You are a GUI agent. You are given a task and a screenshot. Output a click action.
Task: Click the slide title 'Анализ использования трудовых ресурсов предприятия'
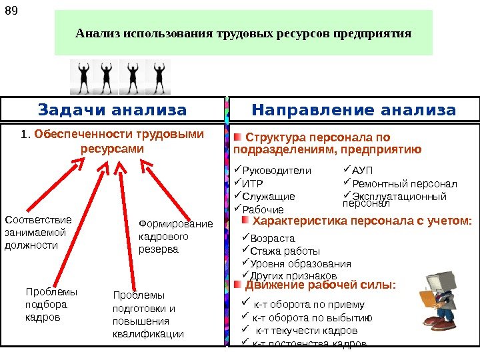pyautogui.click(x=243, y=33)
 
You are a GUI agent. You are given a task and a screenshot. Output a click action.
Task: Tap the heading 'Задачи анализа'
pyautogui.click(x=113, y=109)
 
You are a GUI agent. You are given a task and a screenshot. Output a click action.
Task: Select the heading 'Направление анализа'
pyautogui.click(x=354, y=109)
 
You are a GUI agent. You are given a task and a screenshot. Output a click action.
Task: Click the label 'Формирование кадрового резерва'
pyautogui.click(x=175, y=237)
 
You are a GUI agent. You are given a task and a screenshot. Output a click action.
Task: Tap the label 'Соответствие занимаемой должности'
pyautogui.click(x=38, y=232)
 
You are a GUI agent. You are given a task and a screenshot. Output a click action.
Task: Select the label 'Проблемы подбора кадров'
pyautogui.click(x=51, y=305)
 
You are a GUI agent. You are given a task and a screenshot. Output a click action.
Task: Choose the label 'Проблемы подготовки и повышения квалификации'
pyautogui.click(x=148, y=314)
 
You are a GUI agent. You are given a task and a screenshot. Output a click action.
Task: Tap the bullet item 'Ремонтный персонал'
pyautogui.click(x=403, y=183)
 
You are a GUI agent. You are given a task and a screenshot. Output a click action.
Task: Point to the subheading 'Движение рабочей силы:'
pyautogui.click(x=320, y=286)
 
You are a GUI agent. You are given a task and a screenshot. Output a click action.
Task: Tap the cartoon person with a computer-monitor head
pyautogui.click(x=437, y=299)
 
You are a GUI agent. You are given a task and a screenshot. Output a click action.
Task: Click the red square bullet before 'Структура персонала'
pyautogui.click(x=237, y=137)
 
